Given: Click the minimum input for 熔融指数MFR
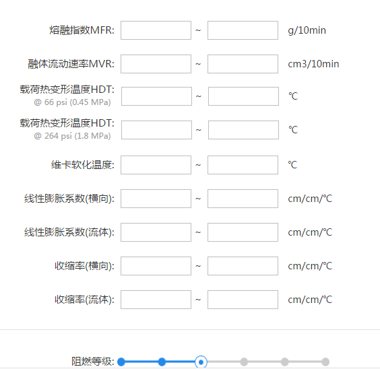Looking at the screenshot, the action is pyautogui.click(x=156, y=30).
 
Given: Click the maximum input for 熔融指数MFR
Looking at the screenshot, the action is pyautogui.click(x=243, y=30).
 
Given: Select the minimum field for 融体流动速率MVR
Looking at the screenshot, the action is pyautogui.click(x=156, y=64).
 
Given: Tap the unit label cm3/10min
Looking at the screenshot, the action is pyautogui.click(x=313, y=64).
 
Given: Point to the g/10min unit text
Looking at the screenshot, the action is pyautogui.click(x=307, y=30).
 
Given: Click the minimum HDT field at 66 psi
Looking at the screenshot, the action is pyautogui.click(x=156, y=96).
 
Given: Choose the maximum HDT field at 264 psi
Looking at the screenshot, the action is pyautogui.click(x=243, y=130).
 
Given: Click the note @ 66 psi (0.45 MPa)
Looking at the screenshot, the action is pyautogui.click(x=72, y=102).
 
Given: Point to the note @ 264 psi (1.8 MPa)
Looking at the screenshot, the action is pyautogui.click(x=72, y=136).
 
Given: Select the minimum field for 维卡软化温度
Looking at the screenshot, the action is pyautogui.click(x=156, y=165).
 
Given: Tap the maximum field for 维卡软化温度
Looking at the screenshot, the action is pyautogui.click(x=243, y=165).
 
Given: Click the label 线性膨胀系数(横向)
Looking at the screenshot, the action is pyautogui.click(x=69, y=199).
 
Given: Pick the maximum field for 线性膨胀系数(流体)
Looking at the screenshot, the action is pyautogui.click(x=243, y=232).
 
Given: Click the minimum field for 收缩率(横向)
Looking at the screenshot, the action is pyautogui.click(x=156, y=266).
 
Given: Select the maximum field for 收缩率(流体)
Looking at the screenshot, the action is pyautogui.click(x=243, y=300).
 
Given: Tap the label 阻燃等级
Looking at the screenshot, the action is pyautogui.click(x=92, y=362).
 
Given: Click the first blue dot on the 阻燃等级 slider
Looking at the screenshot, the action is pyautogui.click(x=121, y=362).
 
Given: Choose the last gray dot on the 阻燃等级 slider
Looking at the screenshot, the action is pyautogui.click(x=325, y=362).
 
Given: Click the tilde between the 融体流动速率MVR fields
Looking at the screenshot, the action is pyautogui.click(x=198, y=64).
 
